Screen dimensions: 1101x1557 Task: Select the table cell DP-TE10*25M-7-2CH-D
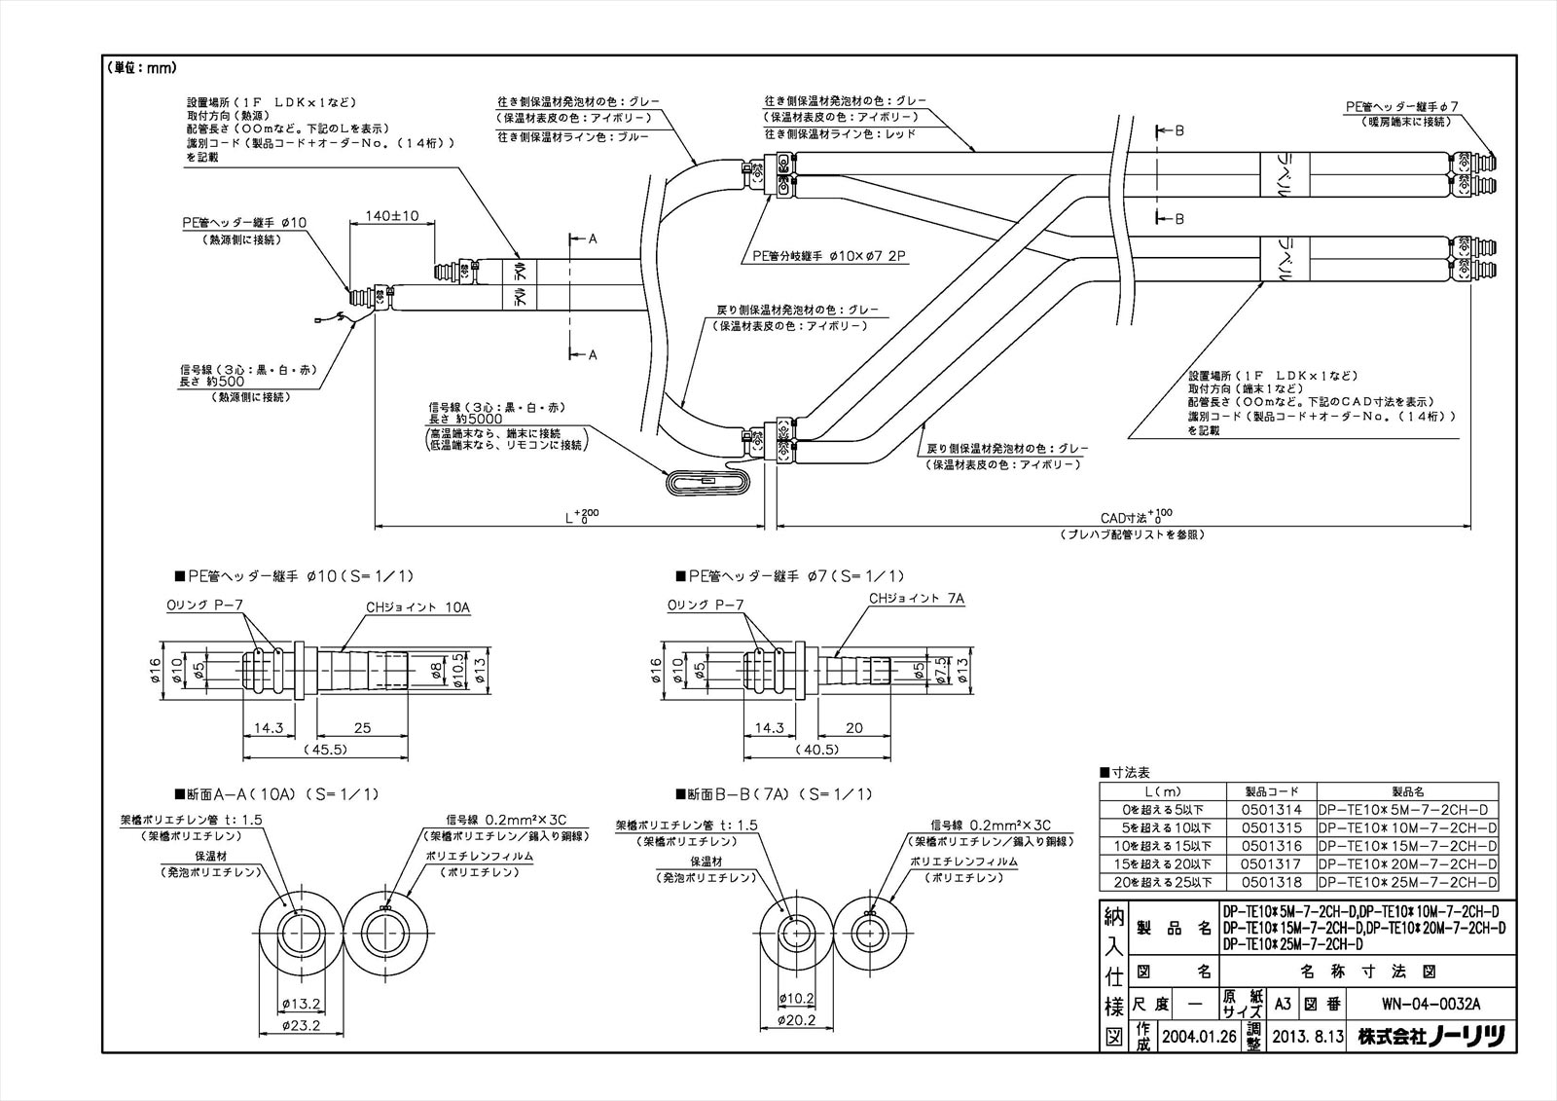(1407, 882)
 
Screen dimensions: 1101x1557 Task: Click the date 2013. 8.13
(1308, 1037)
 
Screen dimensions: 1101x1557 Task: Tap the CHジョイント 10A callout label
(418, 607)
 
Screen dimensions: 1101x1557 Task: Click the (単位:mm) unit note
(140, 68)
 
